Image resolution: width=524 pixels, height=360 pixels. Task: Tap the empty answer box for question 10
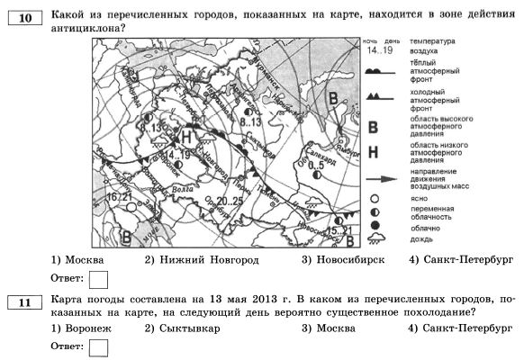coord(99,277)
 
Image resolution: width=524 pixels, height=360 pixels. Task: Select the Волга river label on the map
coord(186,190)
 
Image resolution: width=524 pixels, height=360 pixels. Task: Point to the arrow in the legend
coord(384,177)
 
